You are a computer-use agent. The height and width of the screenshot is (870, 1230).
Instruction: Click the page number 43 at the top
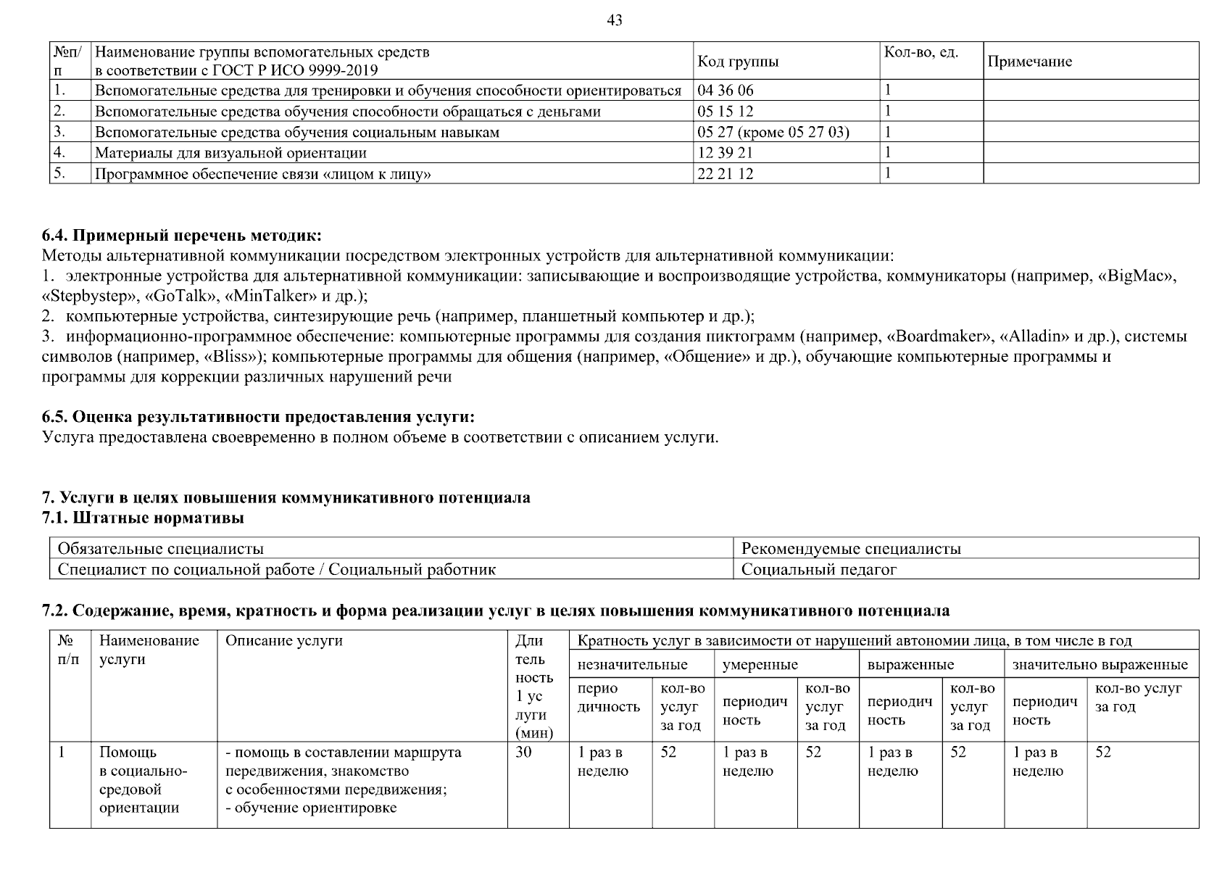tap(614, 20)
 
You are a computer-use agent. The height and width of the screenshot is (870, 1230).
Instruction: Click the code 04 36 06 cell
tap(726, 91)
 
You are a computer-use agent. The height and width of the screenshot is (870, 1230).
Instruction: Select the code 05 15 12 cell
tap(726, 111)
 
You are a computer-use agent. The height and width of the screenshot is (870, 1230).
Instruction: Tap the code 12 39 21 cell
tap(726, 153)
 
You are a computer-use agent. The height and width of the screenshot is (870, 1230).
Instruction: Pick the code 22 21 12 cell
tap(726, 174)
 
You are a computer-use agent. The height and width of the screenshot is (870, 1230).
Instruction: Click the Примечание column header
tap(1029, 62)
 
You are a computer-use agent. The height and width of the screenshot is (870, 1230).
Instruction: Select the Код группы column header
tap(738, 62)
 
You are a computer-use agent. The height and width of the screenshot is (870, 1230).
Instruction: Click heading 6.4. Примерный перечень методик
tap(181, 236)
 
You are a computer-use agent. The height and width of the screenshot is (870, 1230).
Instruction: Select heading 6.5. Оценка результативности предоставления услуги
tap(259, 418)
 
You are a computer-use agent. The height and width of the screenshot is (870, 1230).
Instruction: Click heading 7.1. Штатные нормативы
tap(143, 518)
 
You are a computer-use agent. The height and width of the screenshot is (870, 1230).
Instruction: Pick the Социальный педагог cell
tap(819, 569)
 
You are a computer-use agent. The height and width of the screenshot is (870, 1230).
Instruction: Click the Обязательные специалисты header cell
tap(160, 549)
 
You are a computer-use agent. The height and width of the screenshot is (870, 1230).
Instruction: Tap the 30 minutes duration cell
tap(523, 753)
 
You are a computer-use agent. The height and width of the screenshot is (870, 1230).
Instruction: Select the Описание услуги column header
tap(283, 641)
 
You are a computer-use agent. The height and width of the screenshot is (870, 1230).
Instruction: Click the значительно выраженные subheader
tap(1100, 665)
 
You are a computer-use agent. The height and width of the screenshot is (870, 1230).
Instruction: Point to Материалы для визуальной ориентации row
tap(230, 153)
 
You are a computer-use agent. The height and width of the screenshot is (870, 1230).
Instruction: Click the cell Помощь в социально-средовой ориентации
tap(143, 780)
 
